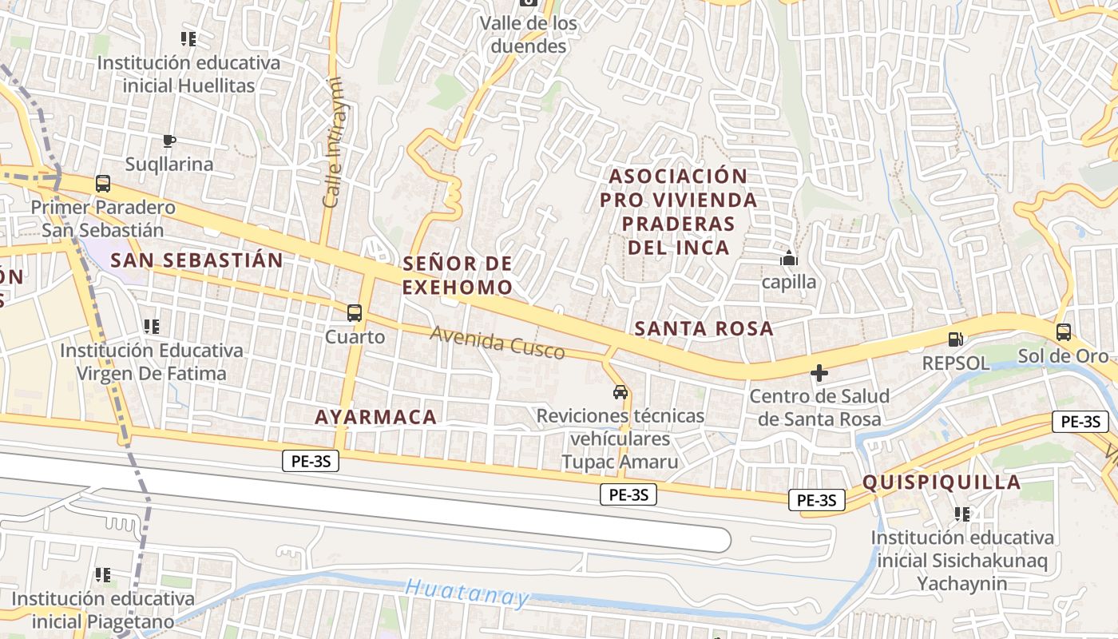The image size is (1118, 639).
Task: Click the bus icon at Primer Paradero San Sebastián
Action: click(x=103, y=184)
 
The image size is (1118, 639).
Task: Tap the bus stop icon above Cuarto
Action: click(x=355, y=313)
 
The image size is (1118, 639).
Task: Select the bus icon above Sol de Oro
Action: click(x=1063, y=332)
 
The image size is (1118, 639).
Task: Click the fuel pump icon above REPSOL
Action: click(x=955, y=339)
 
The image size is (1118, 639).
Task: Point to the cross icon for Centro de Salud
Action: click(x=819, y=373)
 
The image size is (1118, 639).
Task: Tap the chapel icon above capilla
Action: click(x=789, y=258)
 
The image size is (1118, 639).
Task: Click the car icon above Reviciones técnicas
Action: click(x=620, y=392)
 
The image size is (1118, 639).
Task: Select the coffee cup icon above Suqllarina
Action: click(x=168, y=141)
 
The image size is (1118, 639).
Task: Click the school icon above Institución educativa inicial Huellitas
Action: click(x=188, y=38)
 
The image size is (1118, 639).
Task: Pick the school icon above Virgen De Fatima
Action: click(x=151, y=326)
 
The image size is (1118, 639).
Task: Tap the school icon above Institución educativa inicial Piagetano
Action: click(x=103, y=574)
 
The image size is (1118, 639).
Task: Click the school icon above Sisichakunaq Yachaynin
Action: click(x=962, y=514)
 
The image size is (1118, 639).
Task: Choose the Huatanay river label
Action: click(x=467, y=593)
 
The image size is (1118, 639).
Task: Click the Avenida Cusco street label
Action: click(x=498, y=343)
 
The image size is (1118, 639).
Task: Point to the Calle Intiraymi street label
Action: click(x=332, y=142)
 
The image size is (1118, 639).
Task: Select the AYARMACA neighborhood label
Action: click(x=375, y=416)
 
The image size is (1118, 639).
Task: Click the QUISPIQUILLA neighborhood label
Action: click(x=942, y=482)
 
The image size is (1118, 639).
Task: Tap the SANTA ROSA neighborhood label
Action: click(x=704, y=328)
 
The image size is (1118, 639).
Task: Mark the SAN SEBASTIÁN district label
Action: click(x=196, y=260)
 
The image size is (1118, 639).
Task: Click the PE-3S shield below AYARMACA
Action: click(x=311, y=460)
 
